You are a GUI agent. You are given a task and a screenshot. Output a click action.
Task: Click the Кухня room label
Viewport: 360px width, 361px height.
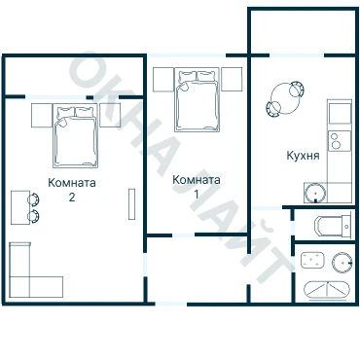click(303, 156)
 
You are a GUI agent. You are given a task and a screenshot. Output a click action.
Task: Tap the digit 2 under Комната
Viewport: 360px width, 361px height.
click(72, 198)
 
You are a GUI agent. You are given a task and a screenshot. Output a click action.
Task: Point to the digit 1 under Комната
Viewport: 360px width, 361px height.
click(197, 194)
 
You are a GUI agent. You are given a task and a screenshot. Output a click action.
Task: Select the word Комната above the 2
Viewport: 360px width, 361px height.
click(72, 183)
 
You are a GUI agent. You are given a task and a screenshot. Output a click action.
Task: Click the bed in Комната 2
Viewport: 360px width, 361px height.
click(76, 135)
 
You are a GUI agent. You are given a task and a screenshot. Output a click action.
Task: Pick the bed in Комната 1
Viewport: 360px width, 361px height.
click(197, 99)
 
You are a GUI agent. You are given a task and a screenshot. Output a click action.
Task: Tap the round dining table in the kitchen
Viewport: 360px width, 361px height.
click(285, 98)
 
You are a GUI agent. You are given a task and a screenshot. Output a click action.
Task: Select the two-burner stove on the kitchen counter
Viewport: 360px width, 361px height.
click(340, 140)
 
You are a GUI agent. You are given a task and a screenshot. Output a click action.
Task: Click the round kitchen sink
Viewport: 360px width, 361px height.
click(315, 193)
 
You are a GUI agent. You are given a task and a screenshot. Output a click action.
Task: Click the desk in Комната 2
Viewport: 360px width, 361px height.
click(20, 207)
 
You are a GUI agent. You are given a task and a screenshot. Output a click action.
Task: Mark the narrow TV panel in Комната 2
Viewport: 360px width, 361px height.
click(131, 204)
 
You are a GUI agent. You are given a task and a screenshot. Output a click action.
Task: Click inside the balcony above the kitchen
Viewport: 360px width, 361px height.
click(303, 31)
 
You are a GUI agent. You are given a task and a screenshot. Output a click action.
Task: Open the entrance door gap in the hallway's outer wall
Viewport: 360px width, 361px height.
click(171, 304)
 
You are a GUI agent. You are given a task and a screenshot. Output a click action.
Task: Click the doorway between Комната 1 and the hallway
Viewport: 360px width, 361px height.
click(183, 235)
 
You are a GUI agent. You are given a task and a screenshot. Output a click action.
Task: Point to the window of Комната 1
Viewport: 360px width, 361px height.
click(187, 55)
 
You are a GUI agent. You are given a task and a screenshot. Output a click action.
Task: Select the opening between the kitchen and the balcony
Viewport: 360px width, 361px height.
click(297, 55)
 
